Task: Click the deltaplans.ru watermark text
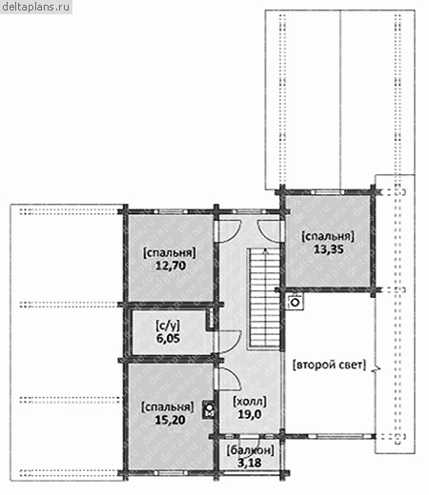pos(36,7)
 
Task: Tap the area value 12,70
pos(171,266)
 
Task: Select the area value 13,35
pos(329,249)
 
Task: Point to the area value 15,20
pos(170,420)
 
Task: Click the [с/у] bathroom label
pos(168,326)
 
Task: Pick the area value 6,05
pos(168,338)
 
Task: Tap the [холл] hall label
pos(250,402)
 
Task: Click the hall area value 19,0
pos(250,414)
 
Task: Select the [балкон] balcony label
pos(250,450)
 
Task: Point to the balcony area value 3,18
pos(250,463)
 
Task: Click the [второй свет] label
pos(329,365)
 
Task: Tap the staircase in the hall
pos(264,299)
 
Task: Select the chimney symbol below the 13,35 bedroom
pos(296,302)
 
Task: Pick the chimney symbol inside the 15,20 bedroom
pos(210,410)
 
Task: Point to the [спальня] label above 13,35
pos(329,237)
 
